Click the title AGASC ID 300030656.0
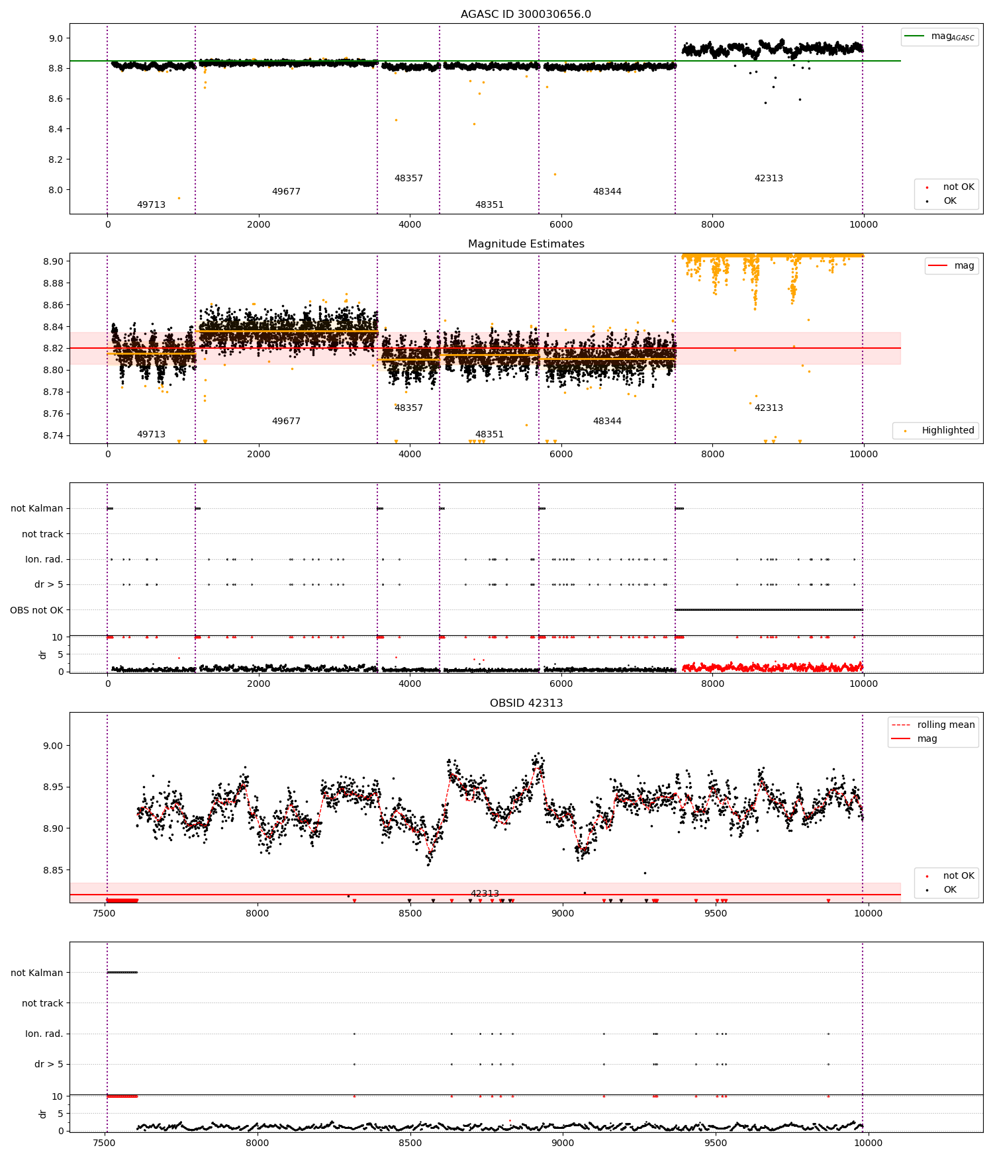[x=526, y=15]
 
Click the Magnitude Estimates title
[x=526, y=244]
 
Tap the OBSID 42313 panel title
[x=526, y=703]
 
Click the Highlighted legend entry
[x=947, y=431]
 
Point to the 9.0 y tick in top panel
[x=56, y=38]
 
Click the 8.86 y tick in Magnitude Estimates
[x=52, y=305]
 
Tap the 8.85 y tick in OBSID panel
[x=52, y=870]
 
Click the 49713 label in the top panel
[x=151, y=205]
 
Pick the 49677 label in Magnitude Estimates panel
[x=286, y=422]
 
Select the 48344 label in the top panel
[x=607, y=192]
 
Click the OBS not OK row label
[x=36, y=610]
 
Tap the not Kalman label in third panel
[x=36, y=509]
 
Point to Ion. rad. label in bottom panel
[x=44, y=1034]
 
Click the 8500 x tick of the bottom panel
[x=410, y=1143]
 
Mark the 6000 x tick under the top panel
[x=561, y=225]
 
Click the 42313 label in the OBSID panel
[x=485, y=894]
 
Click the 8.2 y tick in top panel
[x=56, y=159]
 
